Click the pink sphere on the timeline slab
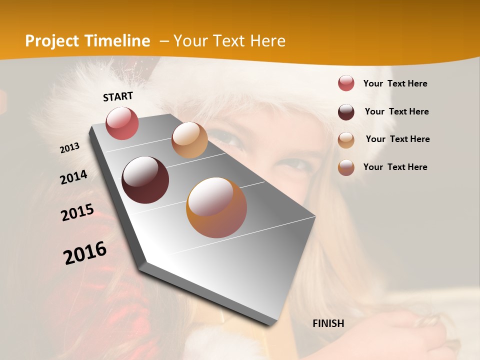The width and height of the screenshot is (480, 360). [122, 123]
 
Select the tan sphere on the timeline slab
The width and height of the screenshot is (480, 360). [189, 140]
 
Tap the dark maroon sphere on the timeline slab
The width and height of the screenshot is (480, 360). [145, 180]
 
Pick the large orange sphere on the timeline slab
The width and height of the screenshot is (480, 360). [216, 207]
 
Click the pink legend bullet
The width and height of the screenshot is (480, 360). [346, 83]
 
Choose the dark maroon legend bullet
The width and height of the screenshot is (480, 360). [346, 111]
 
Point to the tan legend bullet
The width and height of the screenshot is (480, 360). [346, 139]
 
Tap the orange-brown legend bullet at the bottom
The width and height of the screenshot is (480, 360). [346, 167]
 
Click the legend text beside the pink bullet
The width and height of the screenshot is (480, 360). [395, 83]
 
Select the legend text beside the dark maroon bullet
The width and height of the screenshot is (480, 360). [396, 111]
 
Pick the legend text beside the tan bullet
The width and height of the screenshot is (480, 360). [397, 139]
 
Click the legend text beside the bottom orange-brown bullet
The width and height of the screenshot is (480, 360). [395, 167]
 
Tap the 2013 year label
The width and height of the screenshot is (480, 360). [70, 148]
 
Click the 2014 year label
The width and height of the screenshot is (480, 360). [73, 177]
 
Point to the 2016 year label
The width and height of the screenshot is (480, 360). [85, 253]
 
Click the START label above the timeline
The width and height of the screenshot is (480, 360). [118, 96]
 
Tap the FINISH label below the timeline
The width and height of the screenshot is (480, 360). [328, 323]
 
